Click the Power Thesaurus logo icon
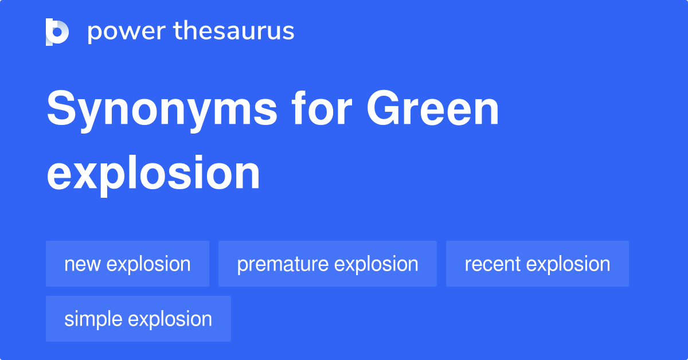coord(57,32)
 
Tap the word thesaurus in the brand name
coord(234,30)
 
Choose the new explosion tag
coord(127,264)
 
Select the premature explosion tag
coord(327,264)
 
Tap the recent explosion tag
coord(537,264)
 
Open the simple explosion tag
coord(138,319)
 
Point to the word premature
coord(283,265)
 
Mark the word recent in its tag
coord(492,264)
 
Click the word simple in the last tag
coord(93,319)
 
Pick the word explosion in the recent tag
coord(568,264)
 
